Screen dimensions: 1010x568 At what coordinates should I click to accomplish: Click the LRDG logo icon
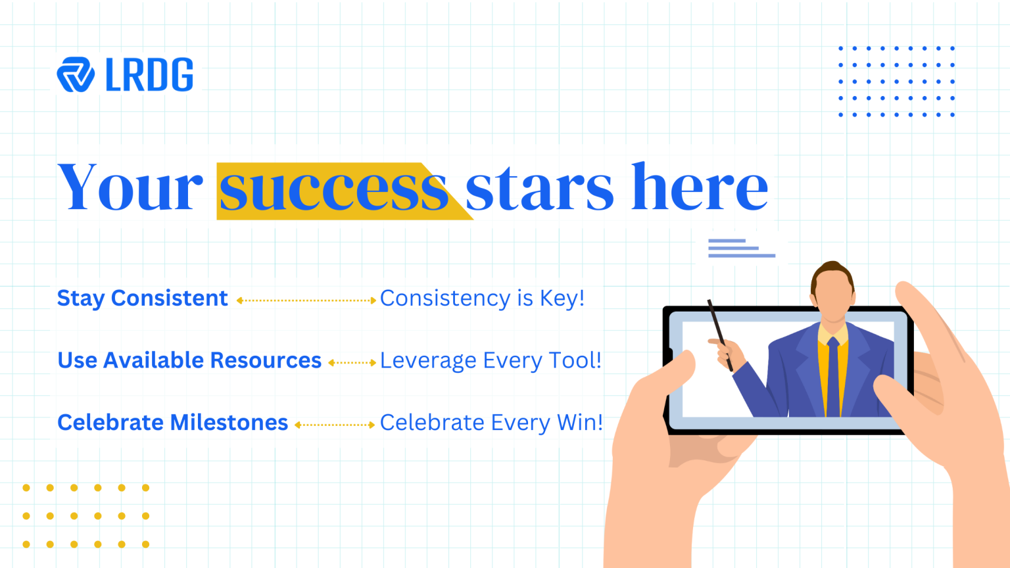76,74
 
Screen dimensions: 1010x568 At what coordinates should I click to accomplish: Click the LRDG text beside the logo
149,74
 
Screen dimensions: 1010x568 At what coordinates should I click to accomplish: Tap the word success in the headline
333,188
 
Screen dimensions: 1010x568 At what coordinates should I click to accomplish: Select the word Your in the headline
130,187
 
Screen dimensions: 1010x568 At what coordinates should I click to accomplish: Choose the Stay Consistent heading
143,298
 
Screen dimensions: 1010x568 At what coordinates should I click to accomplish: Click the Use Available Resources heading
189,360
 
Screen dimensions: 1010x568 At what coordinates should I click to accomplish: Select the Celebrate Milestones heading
173,423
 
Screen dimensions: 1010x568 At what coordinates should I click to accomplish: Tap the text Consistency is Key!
483,298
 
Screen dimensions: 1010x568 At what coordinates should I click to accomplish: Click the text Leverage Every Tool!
491,360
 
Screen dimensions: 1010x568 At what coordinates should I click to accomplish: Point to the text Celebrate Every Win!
491,423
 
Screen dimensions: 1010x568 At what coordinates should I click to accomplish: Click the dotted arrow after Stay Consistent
306,300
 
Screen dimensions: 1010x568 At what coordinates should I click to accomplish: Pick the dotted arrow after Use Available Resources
352,362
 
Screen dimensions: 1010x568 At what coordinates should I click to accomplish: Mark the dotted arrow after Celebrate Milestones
335,425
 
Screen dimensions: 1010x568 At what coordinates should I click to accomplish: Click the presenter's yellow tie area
833,377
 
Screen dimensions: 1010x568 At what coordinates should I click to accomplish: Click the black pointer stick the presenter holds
719,335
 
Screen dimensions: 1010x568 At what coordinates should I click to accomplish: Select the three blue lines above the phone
742,248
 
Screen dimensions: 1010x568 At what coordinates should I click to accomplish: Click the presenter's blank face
833,294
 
